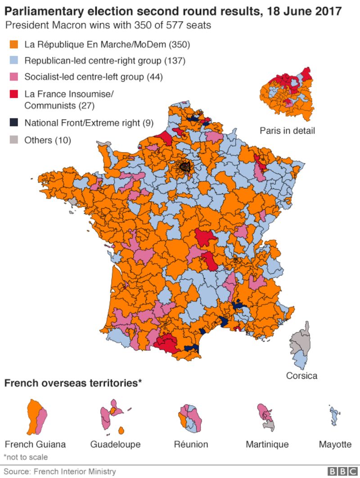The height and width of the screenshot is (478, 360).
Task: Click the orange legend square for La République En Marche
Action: tap(13, 45)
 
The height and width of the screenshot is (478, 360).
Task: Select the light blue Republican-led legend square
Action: tap(13, 60)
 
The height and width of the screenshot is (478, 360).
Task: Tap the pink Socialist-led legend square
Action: tap(13, 77)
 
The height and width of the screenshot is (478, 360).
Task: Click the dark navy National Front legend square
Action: tap(13, 122)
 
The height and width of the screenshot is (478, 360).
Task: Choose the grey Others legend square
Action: tap(13, 140)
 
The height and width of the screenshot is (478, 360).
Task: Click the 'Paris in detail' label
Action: tap(287, 131)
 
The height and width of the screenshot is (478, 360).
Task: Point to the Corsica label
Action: tap(301, 375)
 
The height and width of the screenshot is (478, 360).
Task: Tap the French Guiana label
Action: tap(35, 444)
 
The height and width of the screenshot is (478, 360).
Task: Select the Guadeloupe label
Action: tap(115, 444)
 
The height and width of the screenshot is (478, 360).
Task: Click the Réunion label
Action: tap(191, 444)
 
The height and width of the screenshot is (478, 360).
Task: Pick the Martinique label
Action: tap(267, 444)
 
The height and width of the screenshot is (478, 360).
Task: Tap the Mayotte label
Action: tap(335, 444)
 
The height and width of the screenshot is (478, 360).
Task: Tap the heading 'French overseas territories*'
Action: tap(73, 383)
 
